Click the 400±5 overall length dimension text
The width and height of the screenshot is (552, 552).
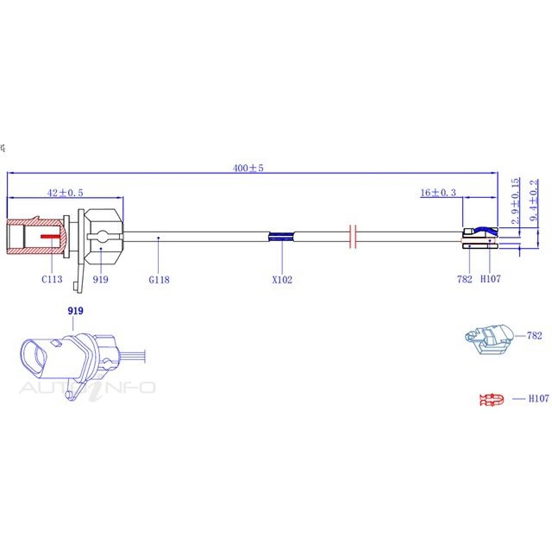point(248,168)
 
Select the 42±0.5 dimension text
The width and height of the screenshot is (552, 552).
point(65,193)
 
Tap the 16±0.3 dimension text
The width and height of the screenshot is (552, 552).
point(438,192)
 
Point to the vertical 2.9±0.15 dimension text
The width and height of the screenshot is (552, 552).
point(515,201)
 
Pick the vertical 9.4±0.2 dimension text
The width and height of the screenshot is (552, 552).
point(534,201)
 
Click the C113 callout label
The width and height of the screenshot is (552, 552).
point(52,279)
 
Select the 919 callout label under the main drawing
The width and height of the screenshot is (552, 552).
point(100,279)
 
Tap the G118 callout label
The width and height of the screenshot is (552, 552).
point(159,279)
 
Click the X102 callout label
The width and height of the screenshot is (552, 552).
point(282,279)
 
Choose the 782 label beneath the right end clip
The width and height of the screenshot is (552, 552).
point(465,279)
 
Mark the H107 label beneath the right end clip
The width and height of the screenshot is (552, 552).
point(490,279)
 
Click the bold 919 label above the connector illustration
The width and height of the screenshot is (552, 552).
point(75,311)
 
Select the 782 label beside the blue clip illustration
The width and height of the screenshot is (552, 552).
point(534,335)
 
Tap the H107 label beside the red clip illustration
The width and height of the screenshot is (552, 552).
point(538,398)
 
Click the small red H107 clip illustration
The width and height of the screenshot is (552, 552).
point(491,399)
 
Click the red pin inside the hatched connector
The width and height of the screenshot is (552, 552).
point(51,236)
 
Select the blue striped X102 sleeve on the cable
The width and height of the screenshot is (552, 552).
point(281,236)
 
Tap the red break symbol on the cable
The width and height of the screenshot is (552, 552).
point(353,236)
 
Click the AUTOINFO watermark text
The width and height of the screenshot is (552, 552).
point(87,387)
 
